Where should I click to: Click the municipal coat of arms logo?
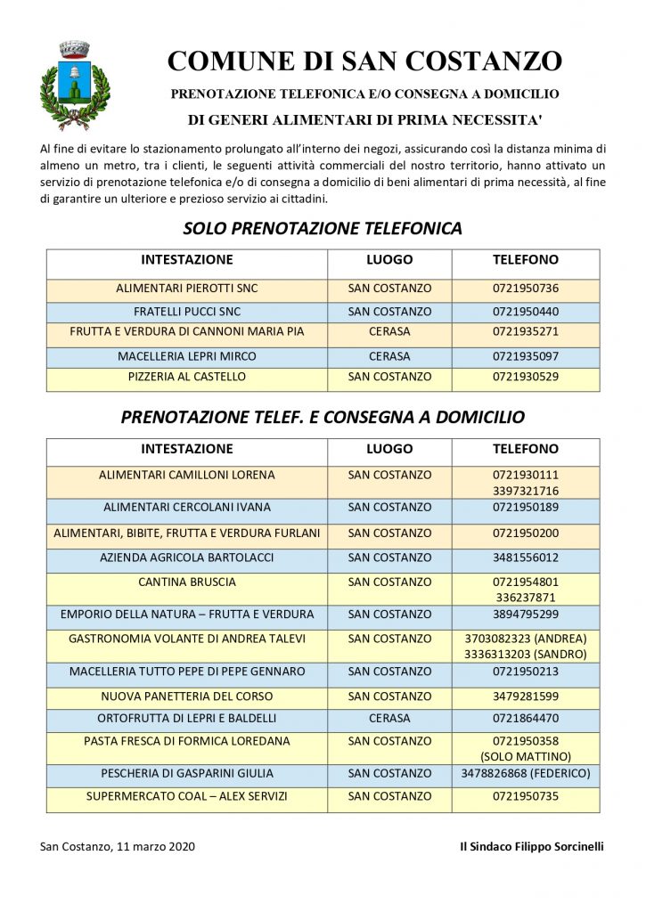[x=75, y=85]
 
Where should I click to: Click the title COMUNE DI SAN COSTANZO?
[x=364, y=61]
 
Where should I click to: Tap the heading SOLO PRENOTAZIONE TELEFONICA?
[x=323, y=228]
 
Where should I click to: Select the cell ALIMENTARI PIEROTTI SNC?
[x=187, y=289]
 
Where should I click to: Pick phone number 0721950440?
[x=525, y=312]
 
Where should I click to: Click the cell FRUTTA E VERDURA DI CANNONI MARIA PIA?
[x=187, y=331]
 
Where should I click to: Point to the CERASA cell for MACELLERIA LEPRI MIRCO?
[x=389, y=356]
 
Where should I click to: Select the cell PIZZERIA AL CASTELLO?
[x=187, y=377]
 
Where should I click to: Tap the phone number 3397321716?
[x=525, y=491]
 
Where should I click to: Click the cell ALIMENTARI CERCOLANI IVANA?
[x=187, y=508]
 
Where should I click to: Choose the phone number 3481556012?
[x=525, y=558]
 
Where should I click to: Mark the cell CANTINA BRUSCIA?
[x=187, y=582]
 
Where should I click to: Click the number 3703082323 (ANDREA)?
[x=525, y=639]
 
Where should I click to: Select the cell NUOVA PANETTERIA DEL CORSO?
[x=187, y=696]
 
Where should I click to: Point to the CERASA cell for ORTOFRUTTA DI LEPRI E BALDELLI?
[x=389, y=718]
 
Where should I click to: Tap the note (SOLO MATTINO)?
[x=525, y=756]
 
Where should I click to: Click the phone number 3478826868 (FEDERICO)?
[x=525, y=773]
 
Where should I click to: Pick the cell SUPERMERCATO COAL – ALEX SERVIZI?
[x=187, y=796]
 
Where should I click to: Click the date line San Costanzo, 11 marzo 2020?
[x=118, y=846]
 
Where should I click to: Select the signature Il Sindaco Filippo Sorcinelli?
[x=525, y=846]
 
